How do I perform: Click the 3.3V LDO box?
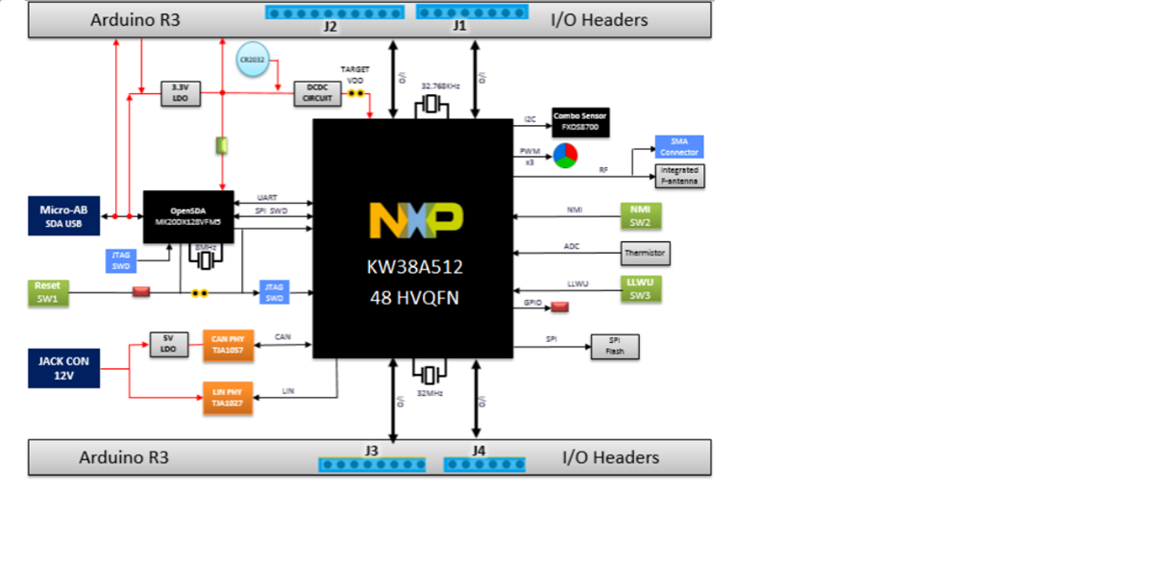click(179, 93)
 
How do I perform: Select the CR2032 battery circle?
click(255, 61)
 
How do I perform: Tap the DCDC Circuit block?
click(317, 93)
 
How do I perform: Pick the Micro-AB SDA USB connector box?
click(63, 216)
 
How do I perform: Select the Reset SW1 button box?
click(47, 292)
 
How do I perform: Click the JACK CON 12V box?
click(63, 369)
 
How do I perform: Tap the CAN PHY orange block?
click(227, 345)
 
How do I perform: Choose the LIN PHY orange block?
click(227, 398)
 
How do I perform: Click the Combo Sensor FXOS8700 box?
click(580, 121)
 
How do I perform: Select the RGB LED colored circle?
click(565, 156)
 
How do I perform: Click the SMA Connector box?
click(678, 146)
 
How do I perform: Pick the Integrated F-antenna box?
click(679, 176)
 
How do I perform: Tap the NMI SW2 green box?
click(640, 215)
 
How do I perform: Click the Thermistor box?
click(644, 254)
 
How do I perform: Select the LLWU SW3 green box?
click(640, 289)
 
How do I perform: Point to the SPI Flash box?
click(615, 346)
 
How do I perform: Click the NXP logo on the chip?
click(416, 220)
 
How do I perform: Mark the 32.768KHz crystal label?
click(440, 86)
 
